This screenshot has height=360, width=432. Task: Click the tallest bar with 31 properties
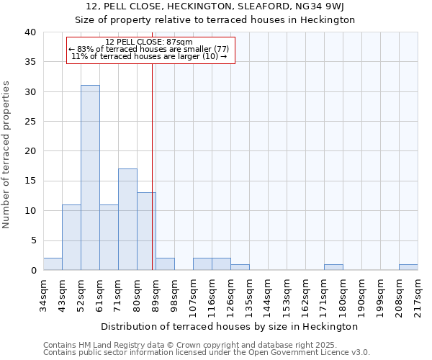(90, 178)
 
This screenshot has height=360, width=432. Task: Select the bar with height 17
(127, 220)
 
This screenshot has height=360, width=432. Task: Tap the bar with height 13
(146, 231)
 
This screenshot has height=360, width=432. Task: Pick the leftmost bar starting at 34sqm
(53, 264)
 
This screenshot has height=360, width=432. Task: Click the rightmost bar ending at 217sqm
(408, 267)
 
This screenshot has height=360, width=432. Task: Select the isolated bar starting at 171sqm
(333, 267)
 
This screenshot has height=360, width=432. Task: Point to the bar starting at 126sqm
(240, 267)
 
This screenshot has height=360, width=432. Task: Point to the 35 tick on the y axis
(30, 62)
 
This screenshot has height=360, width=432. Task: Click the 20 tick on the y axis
(30, 151)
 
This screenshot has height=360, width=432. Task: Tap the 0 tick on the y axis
(33, 271)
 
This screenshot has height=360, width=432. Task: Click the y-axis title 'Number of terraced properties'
(6, 154)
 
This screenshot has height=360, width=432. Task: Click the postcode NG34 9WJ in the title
(324, 6)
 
